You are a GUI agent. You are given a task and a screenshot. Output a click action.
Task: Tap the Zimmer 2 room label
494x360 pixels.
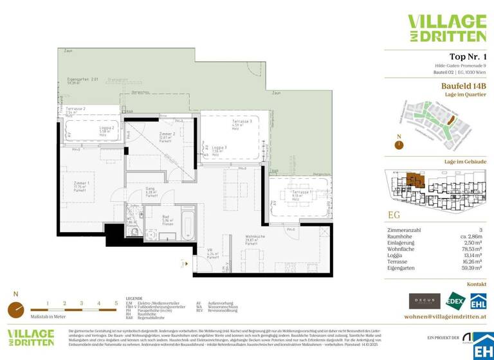click(x=166, y=136)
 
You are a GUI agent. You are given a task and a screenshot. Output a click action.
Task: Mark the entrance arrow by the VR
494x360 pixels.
click(x=186, y=264)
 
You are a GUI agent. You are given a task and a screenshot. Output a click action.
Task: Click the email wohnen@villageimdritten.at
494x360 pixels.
click(x=444, y=317)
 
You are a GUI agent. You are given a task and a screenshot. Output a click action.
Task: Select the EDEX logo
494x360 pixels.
click(x=455, y=301)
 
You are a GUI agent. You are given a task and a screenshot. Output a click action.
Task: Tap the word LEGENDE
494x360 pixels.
click(x=134, y=299)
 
